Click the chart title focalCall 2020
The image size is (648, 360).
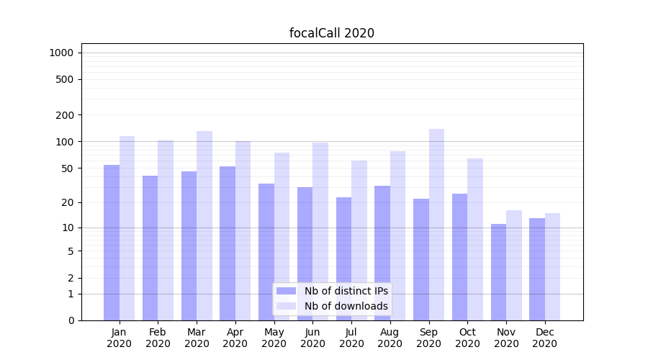pyautogui.click(x=331, y=33)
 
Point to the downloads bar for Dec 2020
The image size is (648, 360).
pyautogui.click(x=552, y=266)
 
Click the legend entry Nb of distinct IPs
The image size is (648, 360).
pyautogui.click(x=346, y=291)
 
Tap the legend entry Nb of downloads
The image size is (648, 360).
pyautogui.click(x=346, y=306)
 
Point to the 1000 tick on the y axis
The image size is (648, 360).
pyautogui.click(x=61, y=53)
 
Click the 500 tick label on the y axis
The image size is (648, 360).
pyautogui.click(x=65, y=79)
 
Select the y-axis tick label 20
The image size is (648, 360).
pyautogui.click(x=68, y=202)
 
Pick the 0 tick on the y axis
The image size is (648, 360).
pyautogui.click(x=71, y=320)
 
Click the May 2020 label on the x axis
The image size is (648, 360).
pyautogui.click(x=274, y=338)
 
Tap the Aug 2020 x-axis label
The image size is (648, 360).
pyautogui.click(x=390, y=338)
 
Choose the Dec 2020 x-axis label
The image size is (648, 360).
pyautogui.click(x=544, y=338)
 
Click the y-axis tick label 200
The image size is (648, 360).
pyautogui.click(x=65, y=115)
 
